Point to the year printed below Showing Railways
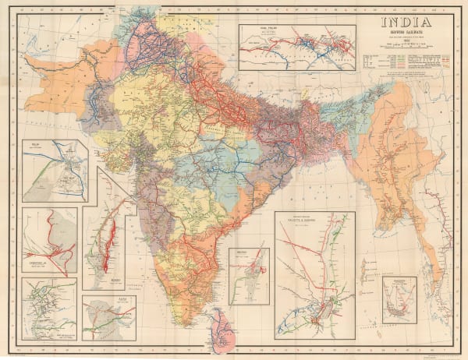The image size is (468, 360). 407,49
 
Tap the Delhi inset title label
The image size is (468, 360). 34,145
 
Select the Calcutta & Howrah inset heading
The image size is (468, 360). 314,220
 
